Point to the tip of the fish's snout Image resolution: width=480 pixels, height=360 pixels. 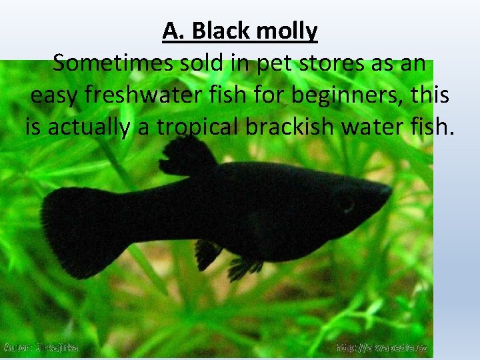click(x=390, y=191)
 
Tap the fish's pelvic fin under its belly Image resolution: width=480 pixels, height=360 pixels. click(x=243, y=267)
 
